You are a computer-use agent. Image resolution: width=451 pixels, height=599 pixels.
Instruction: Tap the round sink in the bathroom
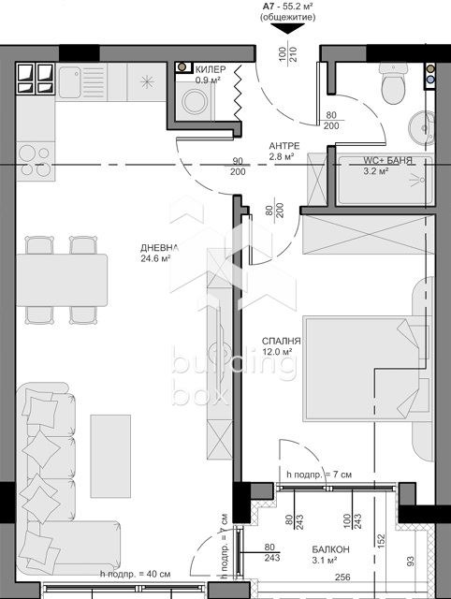(418, 124)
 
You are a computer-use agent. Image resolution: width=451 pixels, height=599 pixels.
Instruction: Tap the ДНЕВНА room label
(155, 248)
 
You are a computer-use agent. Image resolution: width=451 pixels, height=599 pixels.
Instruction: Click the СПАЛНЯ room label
(281, 343)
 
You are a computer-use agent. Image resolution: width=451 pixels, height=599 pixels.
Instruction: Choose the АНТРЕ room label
(284, 146)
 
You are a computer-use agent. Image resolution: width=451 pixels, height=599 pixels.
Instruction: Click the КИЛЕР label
(211, 69)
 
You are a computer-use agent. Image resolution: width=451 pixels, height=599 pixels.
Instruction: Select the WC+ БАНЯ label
(388, 161)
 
